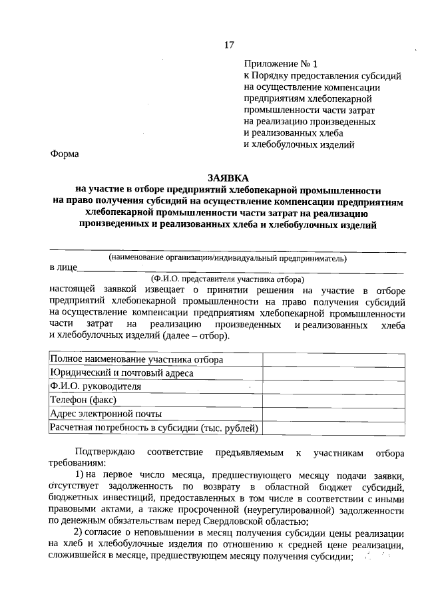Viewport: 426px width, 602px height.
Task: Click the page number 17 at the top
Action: [229, 45]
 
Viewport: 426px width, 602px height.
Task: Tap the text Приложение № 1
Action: [282, 64]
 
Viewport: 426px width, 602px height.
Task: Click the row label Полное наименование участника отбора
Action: [136, 359]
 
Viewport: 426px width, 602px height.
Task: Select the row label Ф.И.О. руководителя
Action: [95, 386]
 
